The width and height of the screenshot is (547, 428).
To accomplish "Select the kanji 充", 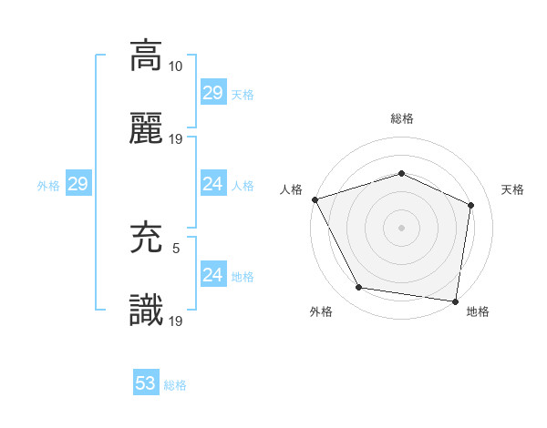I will pyautogui.click(x=146, y=238).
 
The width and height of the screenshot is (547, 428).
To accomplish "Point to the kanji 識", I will pyautogui.click(x=146, y=312).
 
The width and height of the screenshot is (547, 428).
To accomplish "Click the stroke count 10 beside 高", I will pyautogui.click(x=177, y=66).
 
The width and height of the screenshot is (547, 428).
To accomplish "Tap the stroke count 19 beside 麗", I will pyautogui.click(x=177, y=139).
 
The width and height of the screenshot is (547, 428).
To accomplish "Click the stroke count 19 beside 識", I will pyautogui.click(x=177, y=321).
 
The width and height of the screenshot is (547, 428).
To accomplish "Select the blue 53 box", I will pyautogui.click(x=146, y=383).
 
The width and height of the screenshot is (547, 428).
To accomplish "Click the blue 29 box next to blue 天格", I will pyautogui.click(x=212, y=93).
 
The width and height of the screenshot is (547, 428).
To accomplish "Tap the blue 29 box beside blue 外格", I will pyautogui.click(x=77, y=184).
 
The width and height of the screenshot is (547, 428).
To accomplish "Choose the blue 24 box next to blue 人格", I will pyautogui.click(x=212, y=184).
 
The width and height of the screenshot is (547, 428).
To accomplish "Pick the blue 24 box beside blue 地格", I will pyautogui.click(x=212, y=275).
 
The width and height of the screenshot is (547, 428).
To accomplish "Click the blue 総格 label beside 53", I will pyautogui.click(x=176, y=385).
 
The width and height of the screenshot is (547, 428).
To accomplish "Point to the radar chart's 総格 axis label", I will pyautogui.click(x=401, y=118).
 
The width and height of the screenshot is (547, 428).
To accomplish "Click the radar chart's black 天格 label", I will pyautogui.click(x=513, y=189).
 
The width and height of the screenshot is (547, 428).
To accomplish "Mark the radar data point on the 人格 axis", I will pyautogui.click(x=315, y=199).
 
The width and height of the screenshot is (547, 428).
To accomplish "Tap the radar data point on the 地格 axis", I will pyautogui.click(x=455, y=301).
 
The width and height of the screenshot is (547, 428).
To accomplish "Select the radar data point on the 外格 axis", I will pyautogui.click(x=359, y=289).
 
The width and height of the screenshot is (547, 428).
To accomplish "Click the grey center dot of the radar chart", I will pyautogui.click(x=401, y=227).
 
